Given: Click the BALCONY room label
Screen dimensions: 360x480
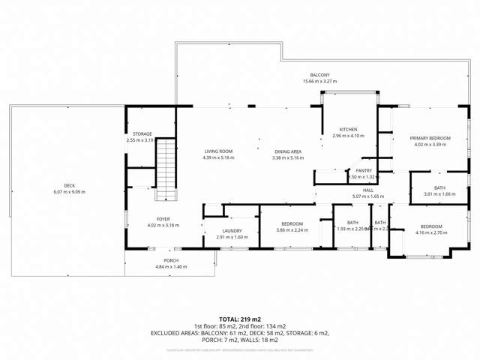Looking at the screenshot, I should click(x=320, y=75).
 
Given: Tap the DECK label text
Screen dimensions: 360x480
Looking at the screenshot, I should click(x=69, y=185).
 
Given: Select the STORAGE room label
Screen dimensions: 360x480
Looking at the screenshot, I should click(x=142, y=133).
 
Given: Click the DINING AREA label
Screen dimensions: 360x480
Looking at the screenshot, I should click(x=287, y=151).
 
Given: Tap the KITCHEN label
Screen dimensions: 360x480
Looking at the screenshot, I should click(x=347, y=130).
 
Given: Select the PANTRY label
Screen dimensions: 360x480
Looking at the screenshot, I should click(x=364, y=170).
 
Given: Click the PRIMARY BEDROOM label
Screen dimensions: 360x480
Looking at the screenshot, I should click(x=430, y=138).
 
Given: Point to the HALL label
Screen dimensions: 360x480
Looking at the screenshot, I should click(x=368, y=190).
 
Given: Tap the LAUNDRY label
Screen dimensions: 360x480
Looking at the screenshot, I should click(x=232, y=231).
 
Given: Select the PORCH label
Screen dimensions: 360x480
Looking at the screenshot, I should click(x=171, y=260).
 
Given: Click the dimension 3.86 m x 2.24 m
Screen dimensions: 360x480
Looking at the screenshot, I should click(x=292, y=230).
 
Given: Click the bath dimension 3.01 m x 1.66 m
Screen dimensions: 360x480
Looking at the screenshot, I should click(x=439, y=194).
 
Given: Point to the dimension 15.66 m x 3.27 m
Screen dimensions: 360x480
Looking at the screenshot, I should click(x=320, y=81).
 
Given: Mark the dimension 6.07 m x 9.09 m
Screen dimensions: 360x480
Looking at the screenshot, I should click(x=69, y=192).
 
